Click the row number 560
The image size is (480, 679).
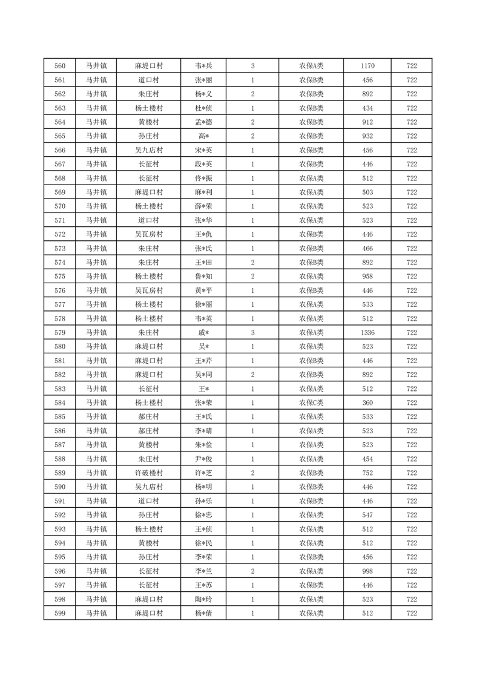[59, 66]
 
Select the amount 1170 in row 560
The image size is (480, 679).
[367, 66]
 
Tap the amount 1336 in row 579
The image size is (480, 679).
[367, 333]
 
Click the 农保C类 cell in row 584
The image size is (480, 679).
[311, 403]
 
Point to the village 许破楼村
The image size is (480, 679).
[148, 473]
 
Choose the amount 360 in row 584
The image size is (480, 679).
[367, 403]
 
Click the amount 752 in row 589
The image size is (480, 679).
[367, 473]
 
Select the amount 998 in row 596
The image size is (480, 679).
[367, 571]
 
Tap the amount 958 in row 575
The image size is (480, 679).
[367, 277]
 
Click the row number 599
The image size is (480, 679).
[59, 614]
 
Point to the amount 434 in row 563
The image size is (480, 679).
[367, 108]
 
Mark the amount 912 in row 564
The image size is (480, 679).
[367, 122]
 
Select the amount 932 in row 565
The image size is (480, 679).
[367, 136]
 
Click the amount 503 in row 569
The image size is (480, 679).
[367, 192]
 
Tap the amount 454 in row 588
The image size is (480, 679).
[367, 459]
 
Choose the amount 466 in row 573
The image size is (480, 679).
[367, 249]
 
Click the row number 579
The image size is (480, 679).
[59, 333]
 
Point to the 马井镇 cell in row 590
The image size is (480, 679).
[96, 487]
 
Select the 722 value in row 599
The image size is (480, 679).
[412, 614]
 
